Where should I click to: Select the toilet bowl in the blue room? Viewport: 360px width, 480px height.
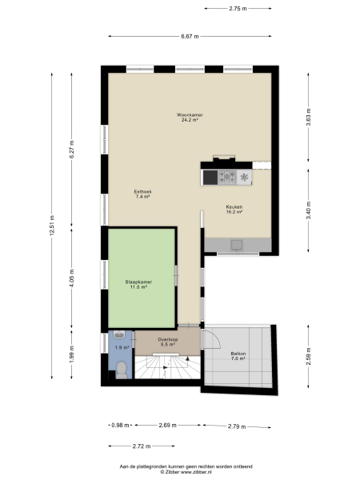[x=121, y=368]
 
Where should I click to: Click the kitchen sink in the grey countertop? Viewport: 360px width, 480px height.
[x=237, y=244]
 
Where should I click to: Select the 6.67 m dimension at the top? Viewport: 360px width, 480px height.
[x=190, y=36]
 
